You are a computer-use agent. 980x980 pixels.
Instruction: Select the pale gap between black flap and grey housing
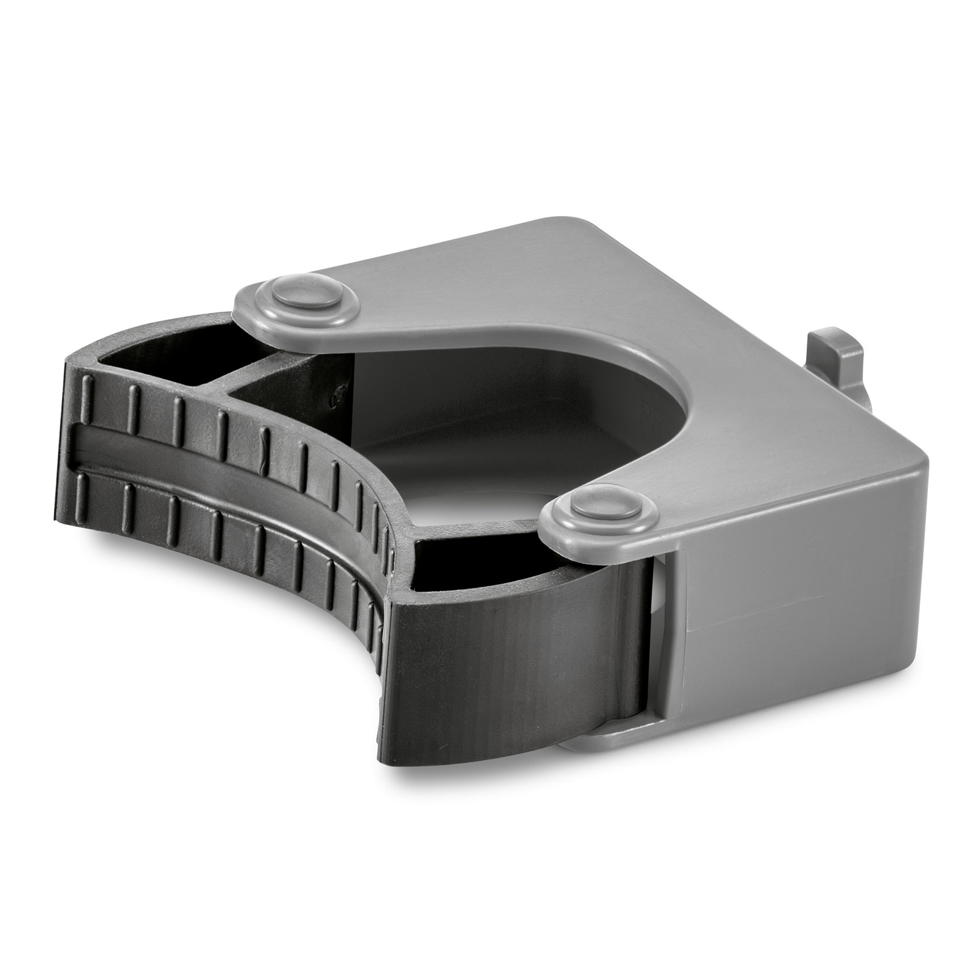(657, 631)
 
